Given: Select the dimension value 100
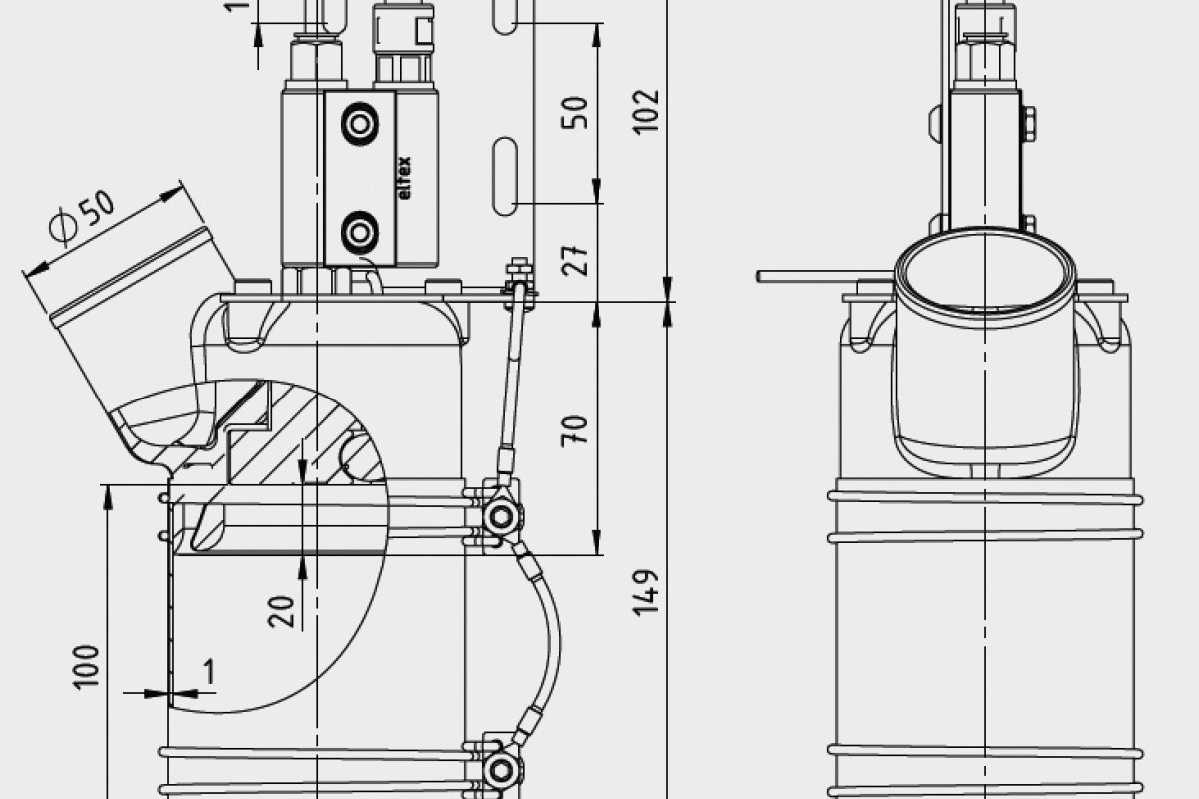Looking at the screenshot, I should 89,664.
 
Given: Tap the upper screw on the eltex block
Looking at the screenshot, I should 357,125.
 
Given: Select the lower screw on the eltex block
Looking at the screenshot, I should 357,233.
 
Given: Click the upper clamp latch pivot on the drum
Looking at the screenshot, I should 501,515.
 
